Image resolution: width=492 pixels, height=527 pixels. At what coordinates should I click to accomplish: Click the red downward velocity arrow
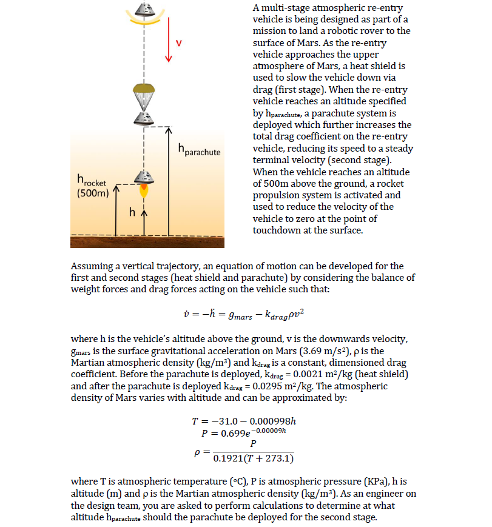pyautogui.click(x=169, y=39)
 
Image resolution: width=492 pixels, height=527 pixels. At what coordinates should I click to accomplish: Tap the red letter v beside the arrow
pyautogui.click(x=178, y=42)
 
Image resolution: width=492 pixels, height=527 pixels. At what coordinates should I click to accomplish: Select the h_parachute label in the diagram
pyautogui.click(x=199, y=149)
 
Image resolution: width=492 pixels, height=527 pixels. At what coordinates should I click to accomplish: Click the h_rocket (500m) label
pyautogui.click(x=93, y=187)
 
